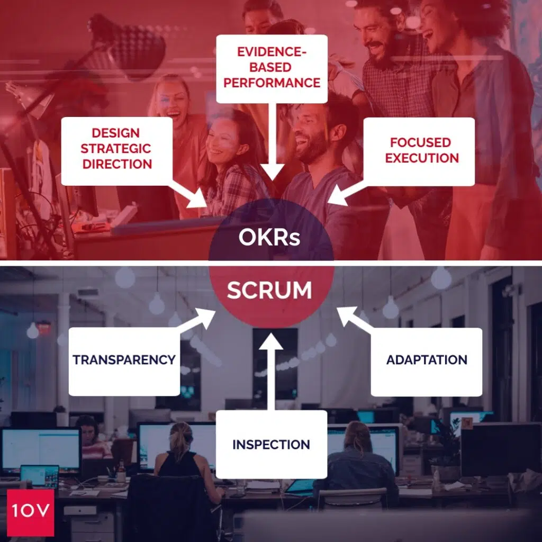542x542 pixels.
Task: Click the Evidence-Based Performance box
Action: [x=272, y=68]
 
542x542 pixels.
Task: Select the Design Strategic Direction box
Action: [x=116, y=149]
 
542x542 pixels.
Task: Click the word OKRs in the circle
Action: [x=269, y=238]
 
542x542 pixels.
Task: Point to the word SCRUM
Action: [x=269, y=291]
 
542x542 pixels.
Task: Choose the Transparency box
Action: [x=124, y=360]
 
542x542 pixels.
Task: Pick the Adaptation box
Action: [x=426, y=361]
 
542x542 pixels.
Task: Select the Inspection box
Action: [x=271, y=444]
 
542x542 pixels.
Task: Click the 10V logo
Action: [x=30, y=512]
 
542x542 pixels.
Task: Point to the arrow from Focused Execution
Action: [x=350, y=193]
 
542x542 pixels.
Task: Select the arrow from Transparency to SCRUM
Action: [x=196, y=322]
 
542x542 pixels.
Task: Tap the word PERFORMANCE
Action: [x=272, y=83]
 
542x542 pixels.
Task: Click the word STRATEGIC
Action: [x=116, y=149]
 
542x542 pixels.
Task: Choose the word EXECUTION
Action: [x=421, y=158]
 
